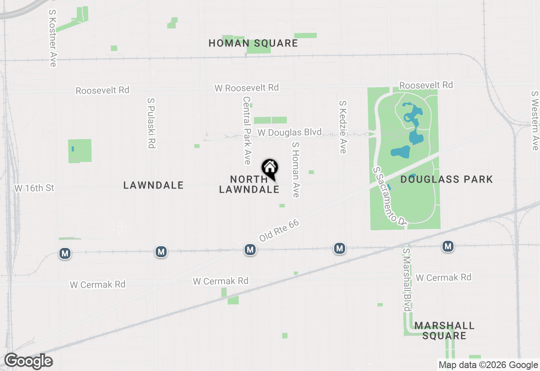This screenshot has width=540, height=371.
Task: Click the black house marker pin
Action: coord(270,169)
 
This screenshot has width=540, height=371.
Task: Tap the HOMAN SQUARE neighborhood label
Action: coord(253,43)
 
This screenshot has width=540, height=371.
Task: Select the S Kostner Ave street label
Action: coord(52,38)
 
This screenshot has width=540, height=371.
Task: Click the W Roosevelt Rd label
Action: coord(246,88)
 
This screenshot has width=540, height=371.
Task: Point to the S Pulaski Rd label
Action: coord(151,123)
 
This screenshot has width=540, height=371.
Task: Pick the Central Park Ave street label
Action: coord(247,131)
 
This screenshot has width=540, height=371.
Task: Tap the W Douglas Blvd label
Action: coord(289,132)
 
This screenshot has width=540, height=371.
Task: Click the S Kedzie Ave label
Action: coord(343,127)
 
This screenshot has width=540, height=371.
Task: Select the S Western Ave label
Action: coord(535,121)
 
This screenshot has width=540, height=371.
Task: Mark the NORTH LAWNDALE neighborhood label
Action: coord(249,184)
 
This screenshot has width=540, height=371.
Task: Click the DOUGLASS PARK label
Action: coord(446,180)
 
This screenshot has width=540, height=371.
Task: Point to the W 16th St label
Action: coord(35,188)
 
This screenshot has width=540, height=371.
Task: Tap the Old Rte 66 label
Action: coord(279,230)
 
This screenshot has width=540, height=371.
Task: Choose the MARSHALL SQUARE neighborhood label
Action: coord(444,331)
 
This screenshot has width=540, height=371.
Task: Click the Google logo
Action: coord(28,361)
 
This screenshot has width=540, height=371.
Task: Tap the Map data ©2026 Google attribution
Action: coord(488,365)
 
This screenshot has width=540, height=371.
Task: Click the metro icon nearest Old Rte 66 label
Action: coord(250,250)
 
